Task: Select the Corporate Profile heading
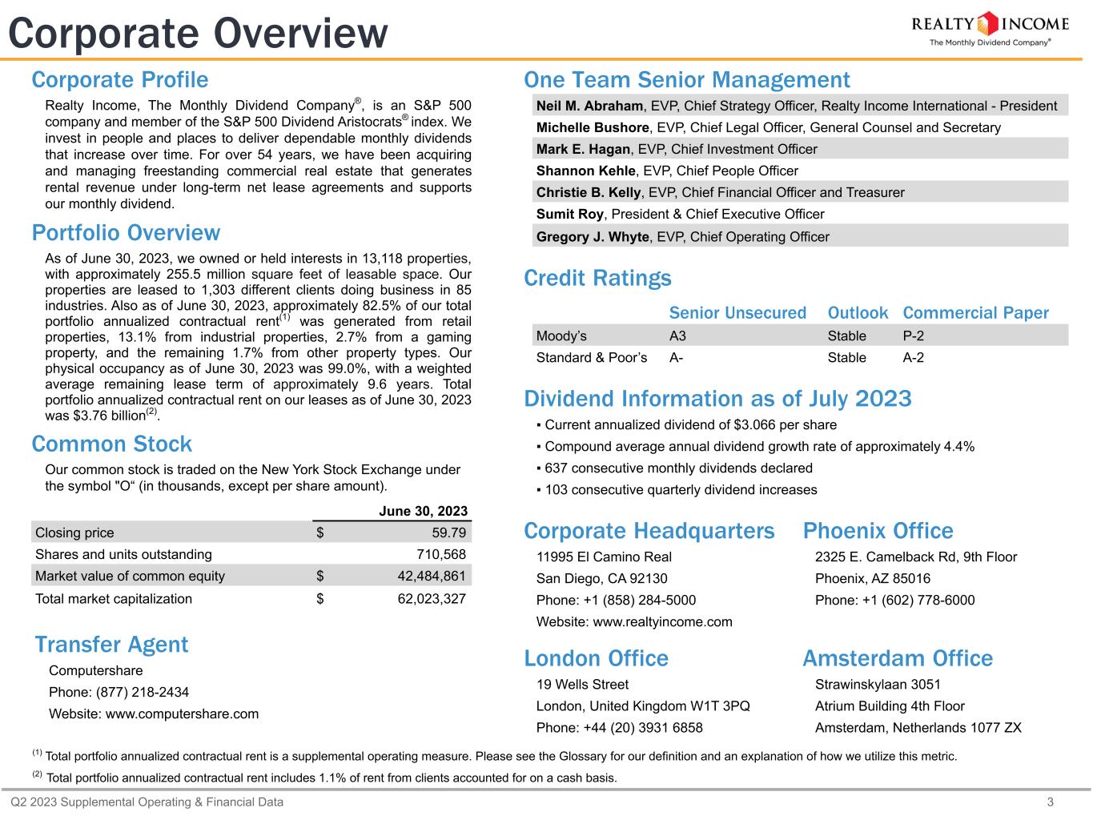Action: click(120, 80)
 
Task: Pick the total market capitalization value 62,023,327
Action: click(432, 598)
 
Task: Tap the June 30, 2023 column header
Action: click(423, 511)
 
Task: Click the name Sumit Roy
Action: click(569, 214)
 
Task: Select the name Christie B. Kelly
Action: click(589, 192)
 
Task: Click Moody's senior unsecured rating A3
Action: click(677, 336)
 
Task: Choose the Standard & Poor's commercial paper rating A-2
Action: click(913, 357)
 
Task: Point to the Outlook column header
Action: click(858, 313)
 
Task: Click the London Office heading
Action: click(596, 658)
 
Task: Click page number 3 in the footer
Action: click(1073, 802)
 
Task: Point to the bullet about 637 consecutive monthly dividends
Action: click(678, 468)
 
